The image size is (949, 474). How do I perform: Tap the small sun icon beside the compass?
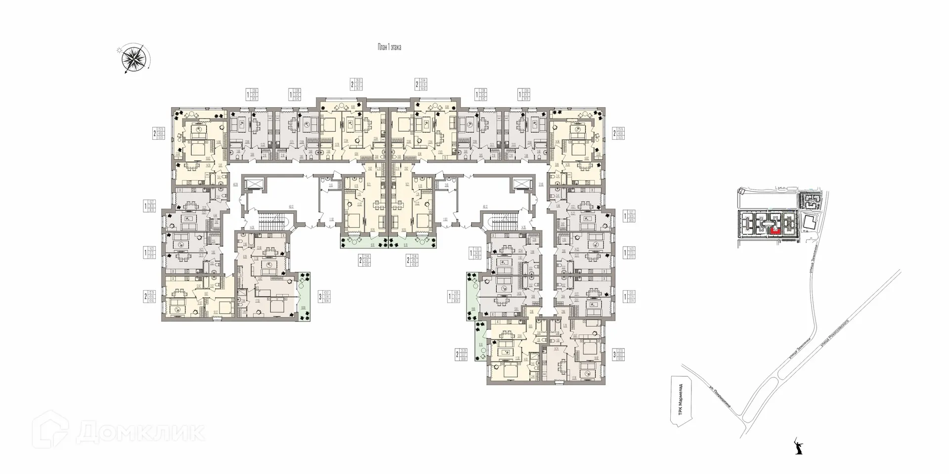tap(119, 50)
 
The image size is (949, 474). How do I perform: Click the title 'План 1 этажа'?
tap(389, 48)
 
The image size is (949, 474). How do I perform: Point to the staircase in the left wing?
tap(270, 218)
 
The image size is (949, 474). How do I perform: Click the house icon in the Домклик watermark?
tap(52, 429)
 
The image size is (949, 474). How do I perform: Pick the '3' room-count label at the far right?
tap(614, 354)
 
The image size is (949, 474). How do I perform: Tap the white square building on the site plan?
tap(808, 223)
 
